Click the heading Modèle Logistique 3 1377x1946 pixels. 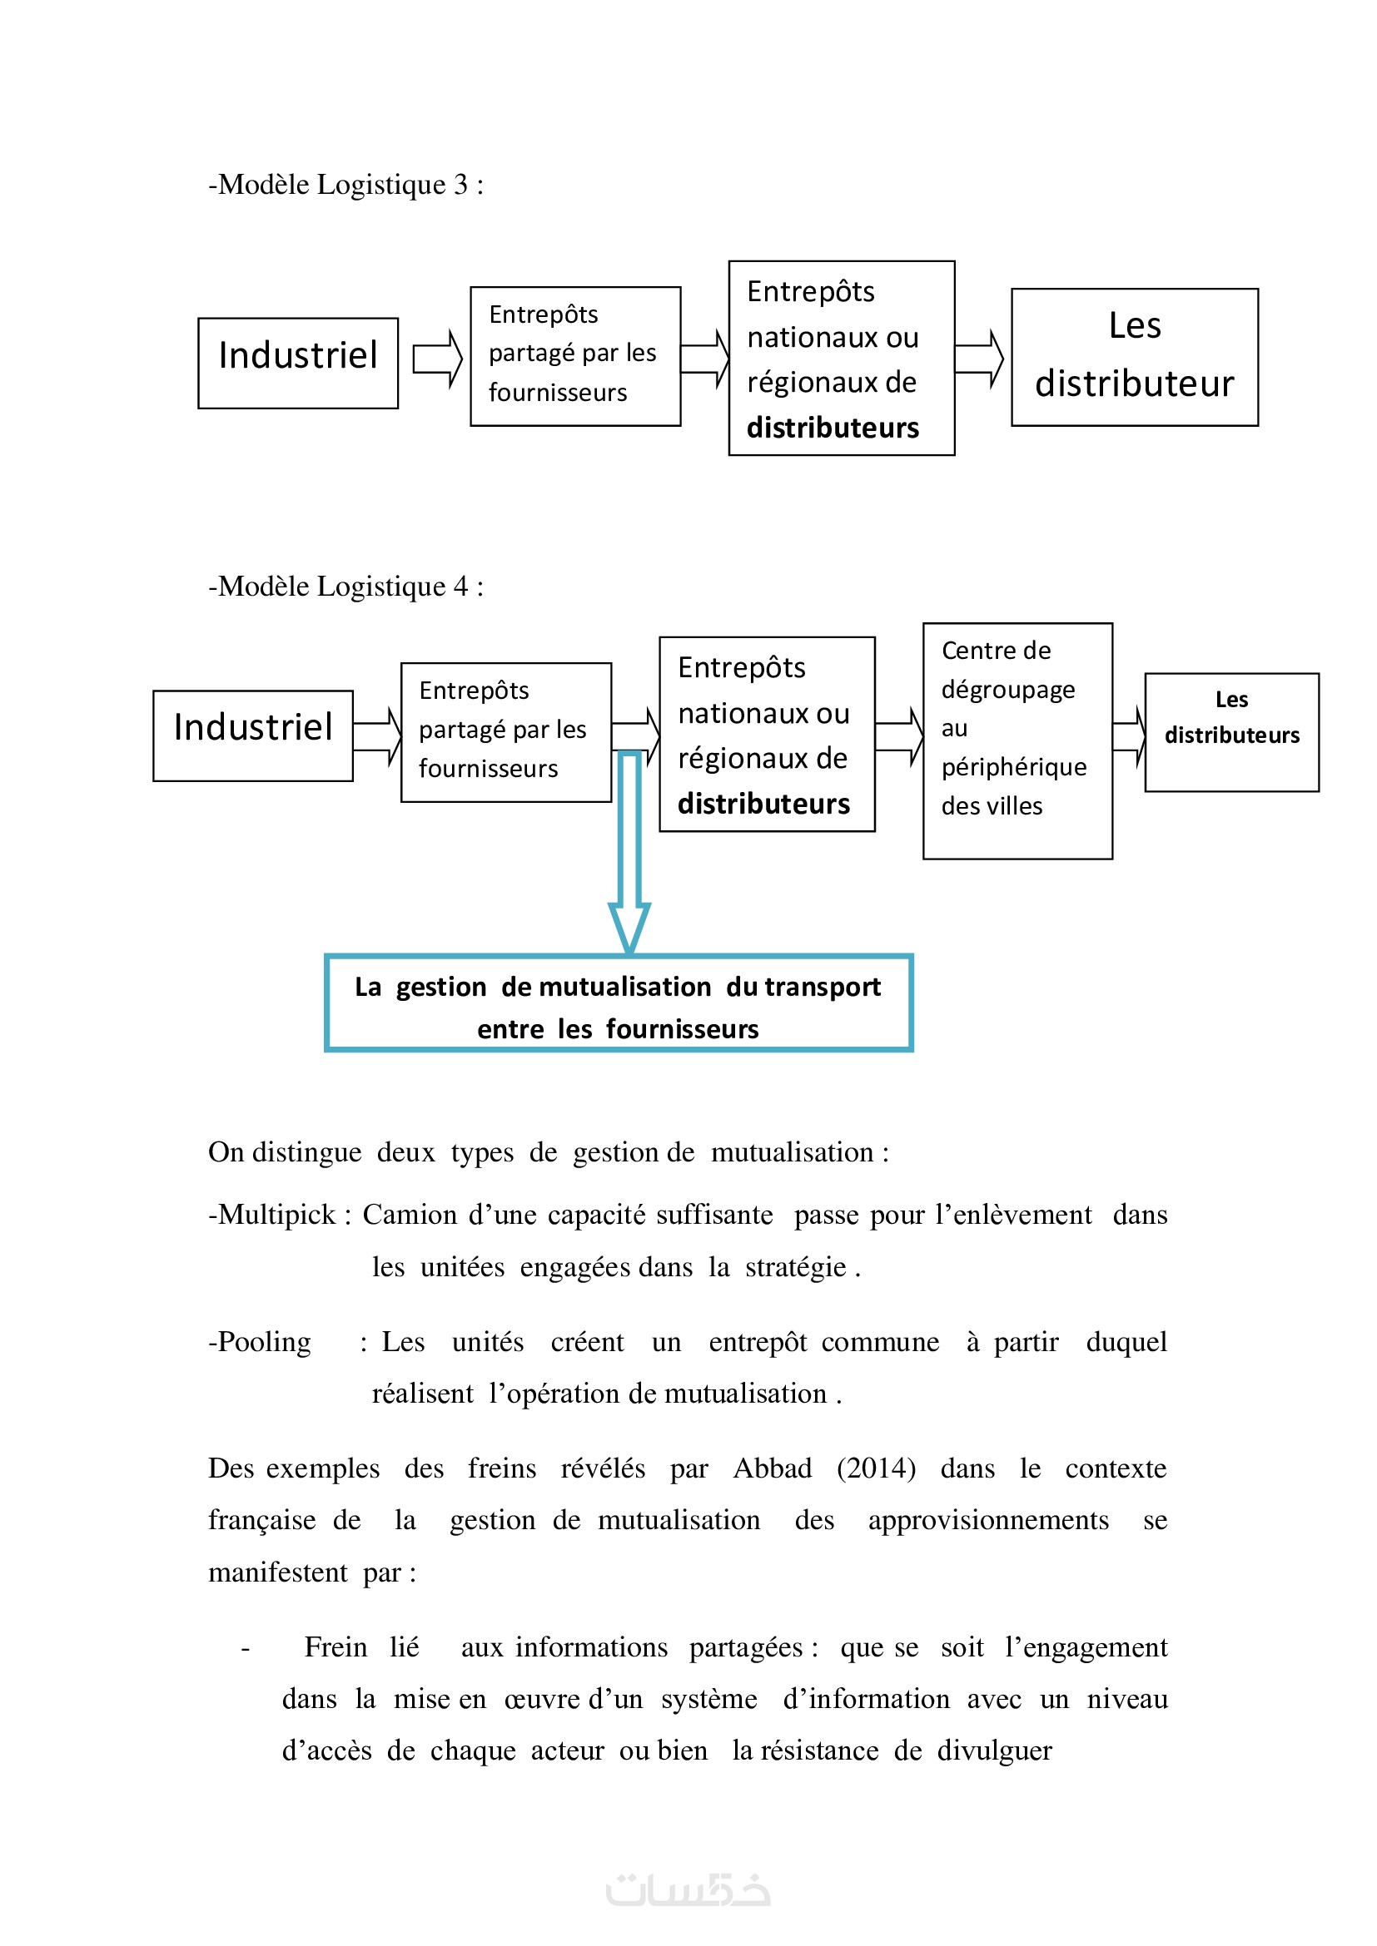point(346,185)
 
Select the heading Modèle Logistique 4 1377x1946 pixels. point(346,587)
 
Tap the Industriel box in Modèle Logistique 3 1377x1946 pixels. point(297,363)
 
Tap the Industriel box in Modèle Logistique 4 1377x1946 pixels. point(253,735)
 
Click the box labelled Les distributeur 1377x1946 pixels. point(1134,357)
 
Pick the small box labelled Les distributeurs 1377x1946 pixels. point(1231,732)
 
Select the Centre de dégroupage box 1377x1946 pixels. point(1017,740)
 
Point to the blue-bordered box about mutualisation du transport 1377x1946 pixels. point(618,1003)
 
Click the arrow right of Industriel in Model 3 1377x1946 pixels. point(437,359)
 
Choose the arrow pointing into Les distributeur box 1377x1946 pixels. point(980,359)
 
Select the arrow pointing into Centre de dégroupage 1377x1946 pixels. point(899,736)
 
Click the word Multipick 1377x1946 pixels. point(277,1215)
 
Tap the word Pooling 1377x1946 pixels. point(265,1342)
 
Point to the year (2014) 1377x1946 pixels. point(876,1468)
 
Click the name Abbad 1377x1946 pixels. point(773,1468)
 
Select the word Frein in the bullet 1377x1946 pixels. point(336,1646)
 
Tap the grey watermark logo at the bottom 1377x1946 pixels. point(688,1890)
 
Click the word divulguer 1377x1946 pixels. point(994,1750)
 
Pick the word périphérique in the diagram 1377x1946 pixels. point(1013,767)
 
